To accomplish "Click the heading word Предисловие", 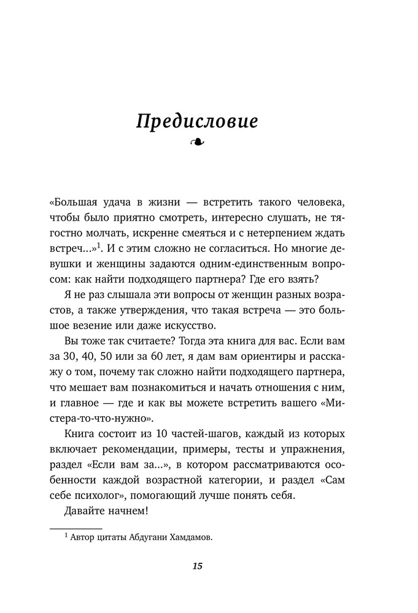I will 197,121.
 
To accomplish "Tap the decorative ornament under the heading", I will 198,143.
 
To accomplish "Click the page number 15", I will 197,566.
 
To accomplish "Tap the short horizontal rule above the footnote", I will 75,528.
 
